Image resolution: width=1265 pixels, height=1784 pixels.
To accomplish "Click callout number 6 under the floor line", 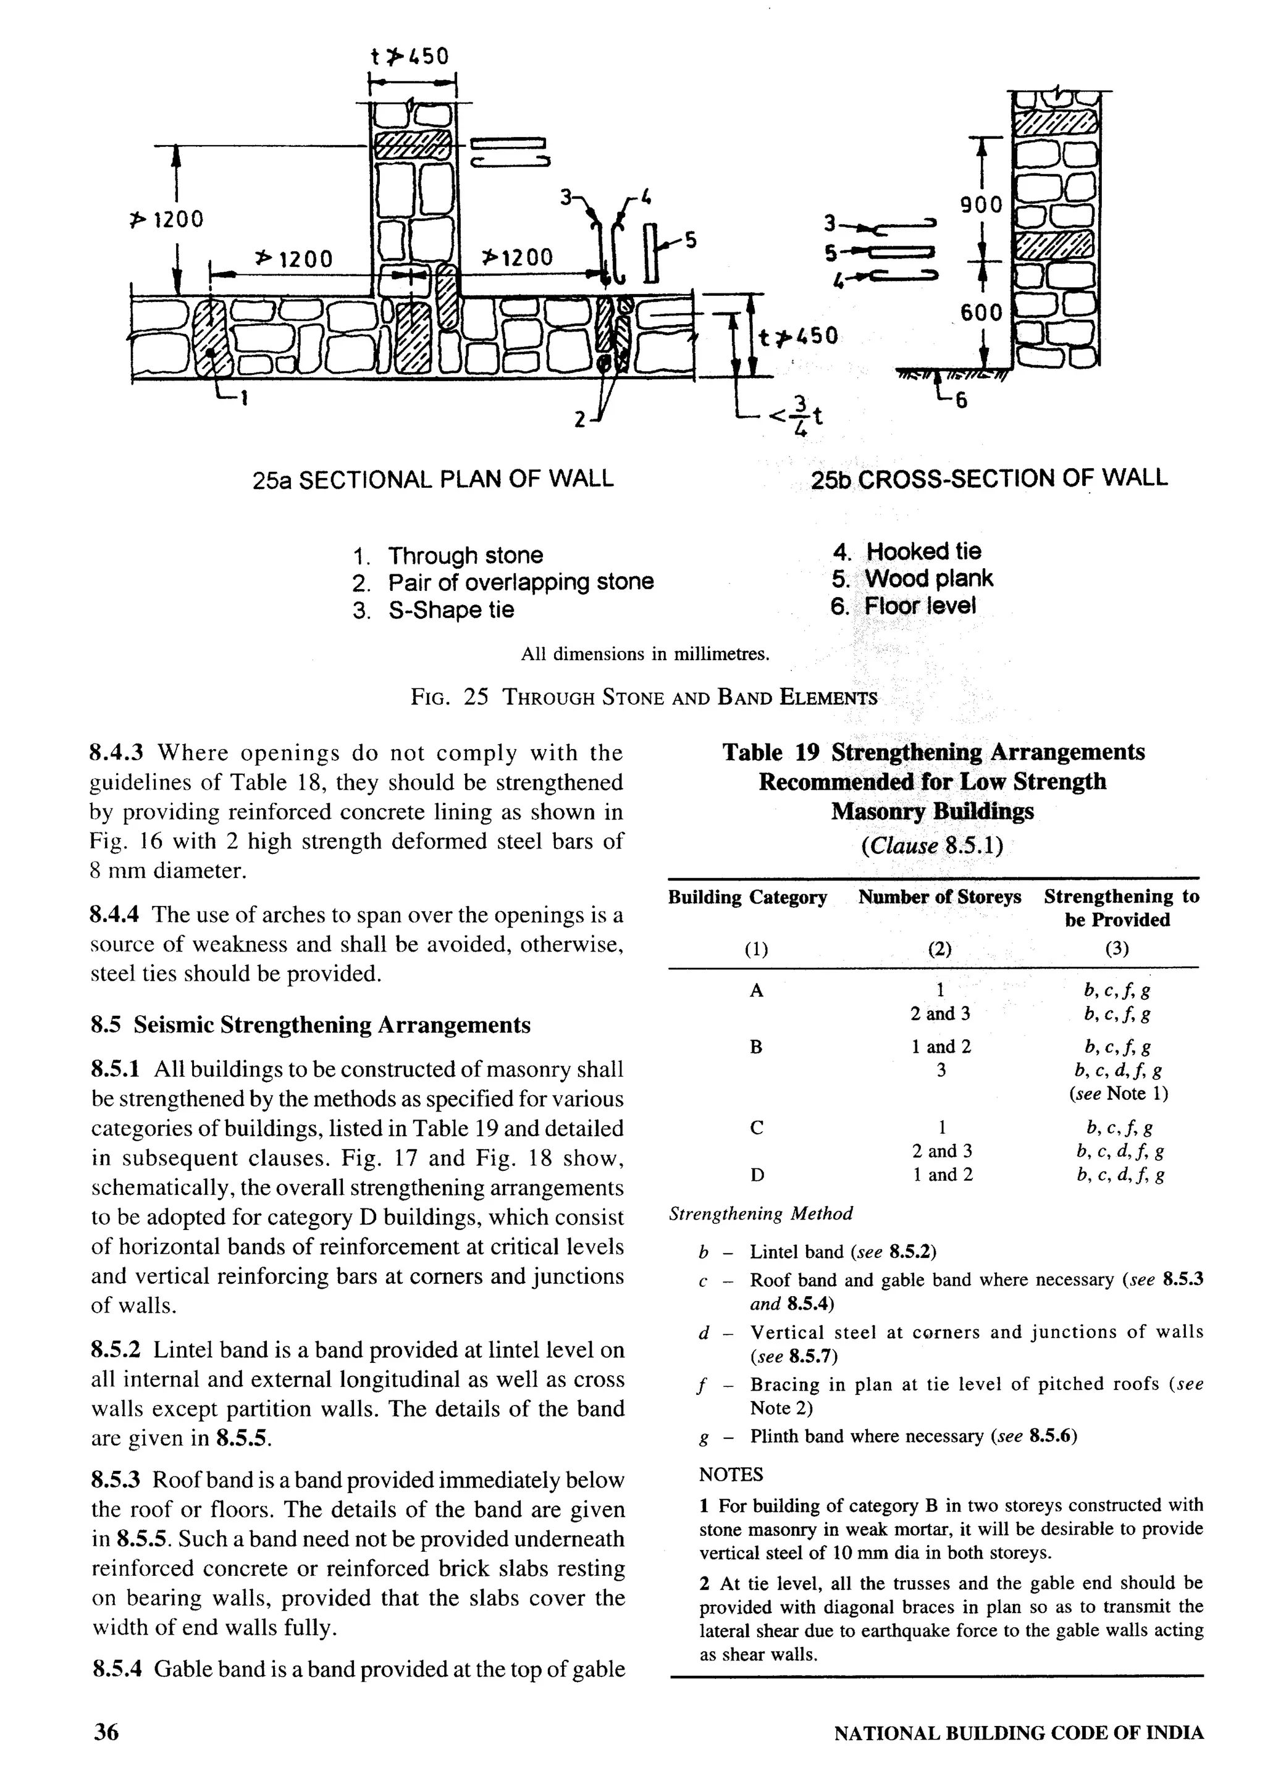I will pos(961,401).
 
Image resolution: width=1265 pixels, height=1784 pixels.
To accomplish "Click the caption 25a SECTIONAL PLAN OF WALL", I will pos(433,478).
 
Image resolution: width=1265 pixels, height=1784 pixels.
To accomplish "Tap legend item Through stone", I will pos(465,555).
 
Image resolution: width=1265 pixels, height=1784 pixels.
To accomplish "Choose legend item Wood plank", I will pos(928,579).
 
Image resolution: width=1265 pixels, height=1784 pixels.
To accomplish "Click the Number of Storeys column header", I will pos(939,897).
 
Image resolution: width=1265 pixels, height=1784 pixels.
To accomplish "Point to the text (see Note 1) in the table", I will pos(1119,1093).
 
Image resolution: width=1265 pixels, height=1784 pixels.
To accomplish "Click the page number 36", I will pos(107,1732).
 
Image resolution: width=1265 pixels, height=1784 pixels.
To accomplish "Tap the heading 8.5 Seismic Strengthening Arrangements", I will pos(310,1025).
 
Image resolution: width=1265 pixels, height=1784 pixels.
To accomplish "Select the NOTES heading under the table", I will pos(731,1475).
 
